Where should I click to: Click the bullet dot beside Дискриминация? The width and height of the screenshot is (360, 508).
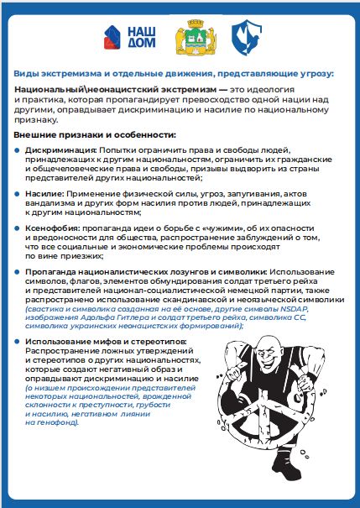pyautogui.click(x=18, y=149)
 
